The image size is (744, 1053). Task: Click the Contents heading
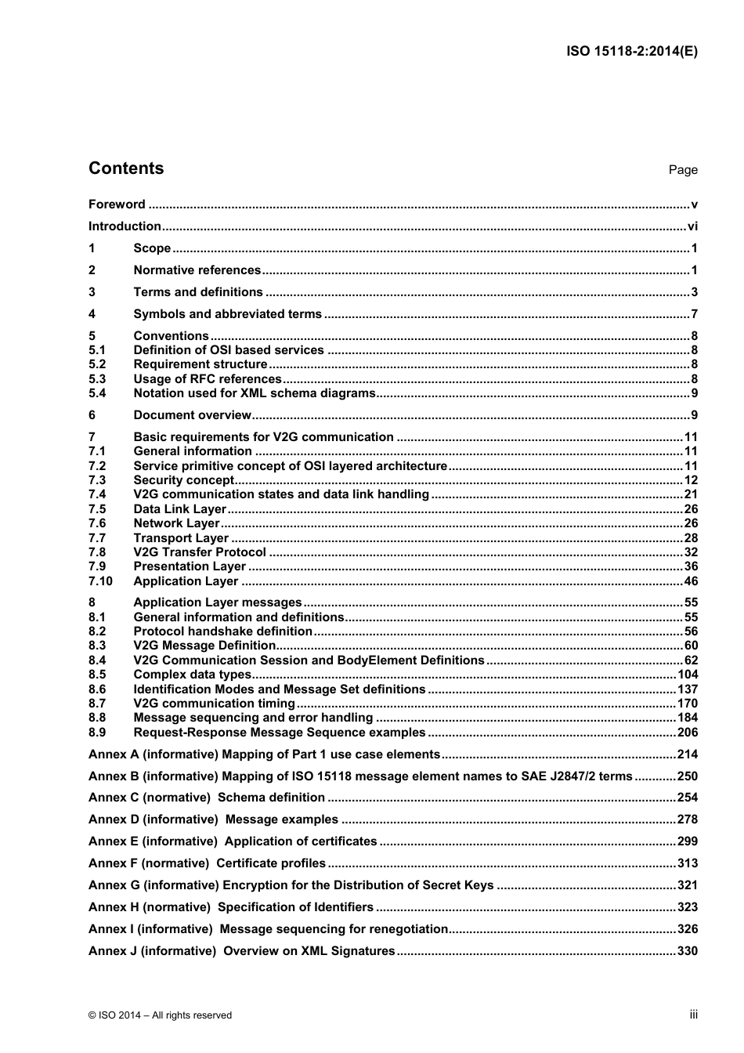tap(126, 168)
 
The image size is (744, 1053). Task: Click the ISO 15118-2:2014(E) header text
tap(631, 52)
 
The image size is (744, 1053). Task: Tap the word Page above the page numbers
tap(682, 170)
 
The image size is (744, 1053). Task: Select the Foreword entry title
tap(117, 204)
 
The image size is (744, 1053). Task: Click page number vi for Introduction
tap(692, 226)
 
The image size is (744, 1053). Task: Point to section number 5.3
tap(97, 379)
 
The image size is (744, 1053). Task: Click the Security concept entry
tap(184, 480)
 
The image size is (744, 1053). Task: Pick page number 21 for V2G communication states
tap(690, 494)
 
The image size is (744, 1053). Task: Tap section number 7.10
tap(100, 581)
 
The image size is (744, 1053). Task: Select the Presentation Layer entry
tap(190, 566)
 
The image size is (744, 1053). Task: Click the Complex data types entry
tap(193, 675)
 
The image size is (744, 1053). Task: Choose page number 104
tap(688, 675)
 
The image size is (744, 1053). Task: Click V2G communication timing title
tap(214, 704)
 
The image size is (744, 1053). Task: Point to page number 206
tap(688, 733)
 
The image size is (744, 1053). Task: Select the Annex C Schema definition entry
tap(207, 798)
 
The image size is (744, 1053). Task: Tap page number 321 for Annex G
tap(688, 885)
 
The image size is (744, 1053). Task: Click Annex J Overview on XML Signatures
tap(242, 951)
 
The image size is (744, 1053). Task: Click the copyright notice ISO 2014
tap(161, 1015)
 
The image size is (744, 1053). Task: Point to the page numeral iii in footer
tap(693, 1015)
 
